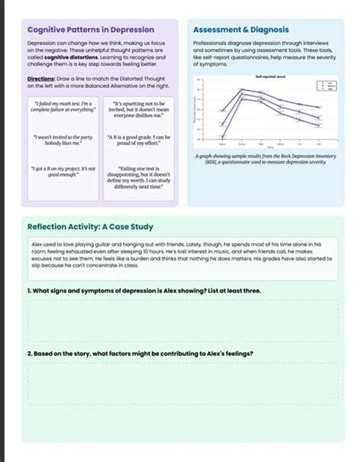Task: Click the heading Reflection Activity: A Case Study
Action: [90, 227]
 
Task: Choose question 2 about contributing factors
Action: [140, 354]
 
